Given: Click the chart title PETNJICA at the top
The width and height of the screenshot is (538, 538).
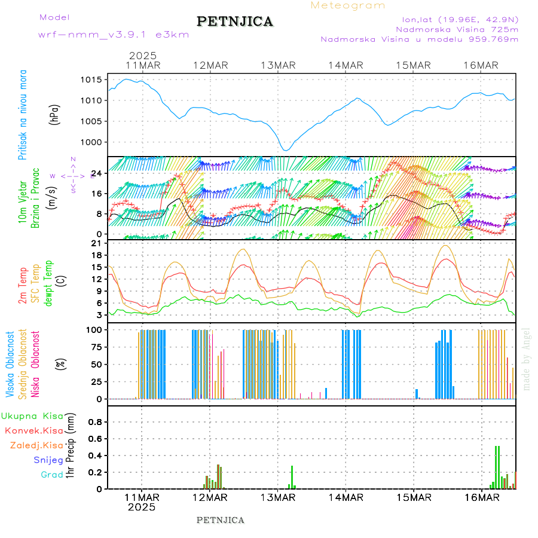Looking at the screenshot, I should pos(235,22).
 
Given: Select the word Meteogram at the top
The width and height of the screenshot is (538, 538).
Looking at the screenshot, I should pos(348,5).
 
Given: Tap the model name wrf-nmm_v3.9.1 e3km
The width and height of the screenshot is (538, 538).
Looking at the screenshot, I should pos(114,34).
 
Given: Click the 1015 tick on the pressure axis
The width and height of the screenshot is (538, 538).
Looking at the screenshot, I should pos(93,80).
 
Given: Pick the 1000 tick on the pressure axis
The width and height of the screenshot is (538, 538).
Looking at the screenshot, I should pos(93,142).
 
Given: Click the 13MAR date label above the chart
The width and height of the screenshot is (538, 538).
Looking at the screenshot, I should pos(278,65).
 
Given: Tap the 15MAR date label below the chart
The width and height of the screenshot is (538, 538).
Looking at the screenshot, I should pos(414,497).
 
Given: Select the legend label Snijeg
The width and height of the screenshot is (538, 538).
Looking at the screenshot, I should pos(53,460).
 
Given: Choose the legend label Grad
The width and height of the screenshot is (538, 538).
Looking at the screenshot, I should pos(52,475).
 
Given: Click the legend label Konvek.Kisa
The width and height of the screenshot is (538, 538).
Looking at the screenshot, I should pos(34,430).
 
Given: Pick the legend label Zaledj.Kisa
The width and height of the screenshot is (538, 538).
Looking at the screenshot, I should pos(36,445).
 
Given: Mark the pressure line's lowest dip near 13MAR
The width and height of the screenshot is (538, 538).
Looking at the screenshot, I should pos(286,150).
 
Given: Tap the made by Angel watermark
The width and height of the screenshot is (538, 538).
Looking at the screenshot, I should pos(527,359).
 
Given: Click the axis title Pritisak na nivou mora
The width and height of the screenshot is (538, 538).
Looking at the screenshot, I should pos(23,116).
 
